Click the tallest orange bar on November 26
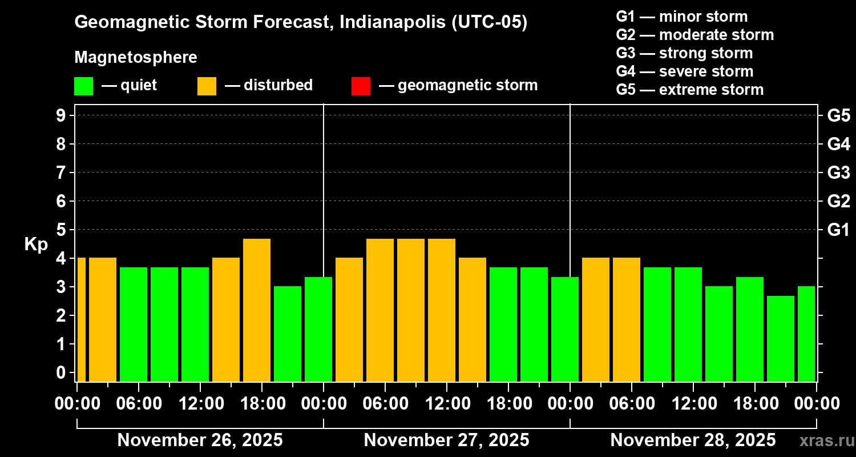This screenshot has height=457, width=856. tap(257, 310)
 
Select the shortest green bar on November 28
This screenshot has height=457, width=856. tap(781, 338)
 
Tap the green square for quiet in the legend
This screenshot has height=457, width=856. tap(83, 86)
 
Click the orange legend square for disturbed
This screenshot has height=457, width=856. tap(207, 86)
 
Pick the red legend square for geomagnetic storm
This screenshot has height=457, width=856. tap(361, 86)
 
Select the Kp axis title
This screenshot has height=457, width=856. tap(36, 244)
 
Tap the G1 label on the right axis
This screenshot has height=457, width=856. tap(838, 230)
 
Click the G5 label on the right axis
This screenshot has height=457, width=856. tap(838, 116)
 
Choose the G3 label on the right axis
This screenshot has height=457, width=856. tap(838, 173)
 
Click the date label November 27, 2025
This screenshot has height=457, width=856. tap(446, 440)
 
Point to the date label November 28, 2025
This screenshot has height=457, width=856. tap(693, 440)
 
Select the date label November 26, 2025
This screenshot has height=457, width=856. tap(200, 440)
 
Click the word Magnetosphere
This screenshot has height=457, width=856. tap(136, 58)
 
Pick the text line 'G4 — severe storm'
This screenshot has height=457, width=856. tap(684, 71)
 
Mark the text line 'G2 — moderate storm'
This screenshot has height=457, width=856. tap(695, 35)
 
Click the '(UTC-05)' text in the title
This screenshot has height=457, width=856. tap(489, 22)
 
